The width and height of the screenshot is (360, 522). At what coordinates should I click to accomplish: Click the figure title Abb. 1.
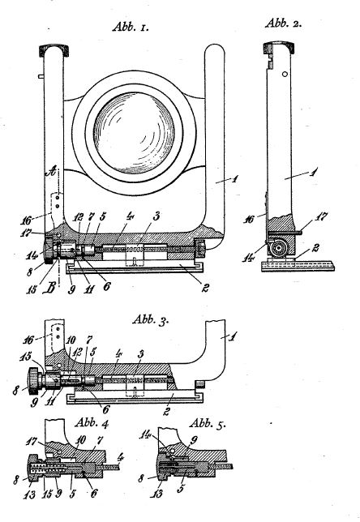131,27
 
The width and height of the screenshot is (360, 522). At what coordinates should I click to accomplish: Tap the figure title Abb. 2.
284,24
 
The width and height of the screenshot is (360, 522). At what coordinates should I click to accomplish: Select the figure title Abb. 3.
151,319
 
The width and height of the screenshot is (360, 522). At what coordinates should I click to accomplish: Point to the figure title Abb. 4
92,423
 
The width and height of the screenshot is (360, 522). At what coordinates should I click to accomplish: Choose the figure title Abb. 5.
207,424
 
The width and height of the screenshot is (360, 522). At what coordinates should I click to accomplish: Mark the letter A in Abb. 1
51,172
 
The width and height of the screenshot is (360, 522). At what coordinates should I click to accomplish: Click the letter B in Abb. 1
49,289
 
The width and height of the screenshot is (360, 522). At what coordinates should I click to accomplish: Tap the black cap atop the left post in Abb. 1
54,49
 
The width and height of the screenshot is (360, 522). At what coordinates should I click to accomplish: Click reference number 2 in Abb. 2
315,248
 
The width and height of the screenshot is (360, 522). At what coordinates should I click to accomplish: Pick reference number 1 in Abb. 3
233,337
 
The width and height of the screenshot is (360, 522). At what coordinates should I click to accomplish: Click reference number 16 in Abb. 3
28,340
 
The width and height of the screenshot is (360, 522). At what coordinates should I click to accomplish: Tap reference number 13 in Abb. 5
156,493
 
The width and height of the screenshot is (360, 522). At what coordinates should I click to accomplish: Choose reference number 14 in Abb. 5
145,434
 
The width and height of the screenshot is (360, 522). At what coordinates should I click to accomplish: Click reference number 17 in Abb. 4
32,442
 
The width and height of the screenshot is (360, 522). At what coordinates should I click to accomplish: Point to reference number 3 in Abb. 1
156,216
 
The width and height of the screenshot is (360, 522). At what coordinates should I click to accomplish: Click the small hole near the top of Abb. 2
285,74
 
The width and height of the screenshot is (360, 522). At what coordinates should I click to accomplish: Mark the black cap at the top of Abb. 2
279,48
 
